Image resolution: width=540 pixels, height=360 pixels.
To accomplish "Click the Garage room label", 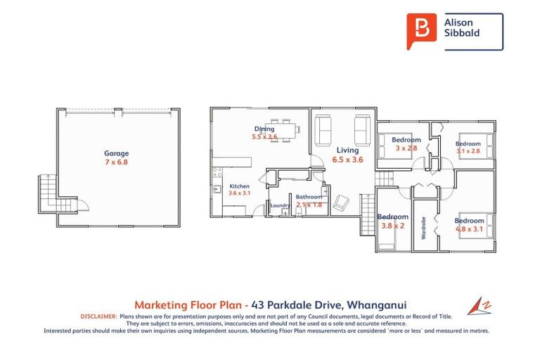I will coord(117,153).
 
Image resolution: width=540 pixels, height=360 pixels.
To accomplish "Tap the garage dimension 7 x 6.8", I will coord(117,162).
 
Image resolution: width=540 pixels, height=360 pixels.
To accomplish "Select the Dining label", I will coord(264,129).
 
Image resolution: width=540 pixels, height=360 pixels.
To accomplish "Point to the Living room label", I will coord(347,150).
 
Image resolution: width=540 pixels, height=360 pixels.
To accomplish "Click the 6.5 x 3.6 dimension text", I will coord(347,160).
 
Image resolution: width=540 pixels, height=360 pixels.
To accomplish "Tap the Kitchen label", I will coord(239,186).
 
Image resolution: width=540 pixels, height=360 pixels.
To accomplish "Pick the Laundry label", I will coord(279,205).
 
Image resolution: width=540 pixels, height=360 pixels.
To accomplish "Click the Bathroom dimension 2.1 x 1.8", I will coord(309,205).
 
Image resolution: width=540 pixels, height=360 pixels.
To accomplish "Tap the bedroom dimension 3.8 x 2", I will coord(392,226).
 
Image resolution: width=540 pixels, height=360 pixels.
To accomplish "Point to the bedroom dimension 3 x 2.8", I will coord(406,149).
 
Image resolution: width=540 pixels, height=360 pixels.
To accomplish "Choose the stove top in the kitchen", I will coord(217,171).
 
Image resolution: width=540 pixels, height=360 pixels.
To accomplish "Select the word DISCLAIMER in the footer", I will coord(99,316).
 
